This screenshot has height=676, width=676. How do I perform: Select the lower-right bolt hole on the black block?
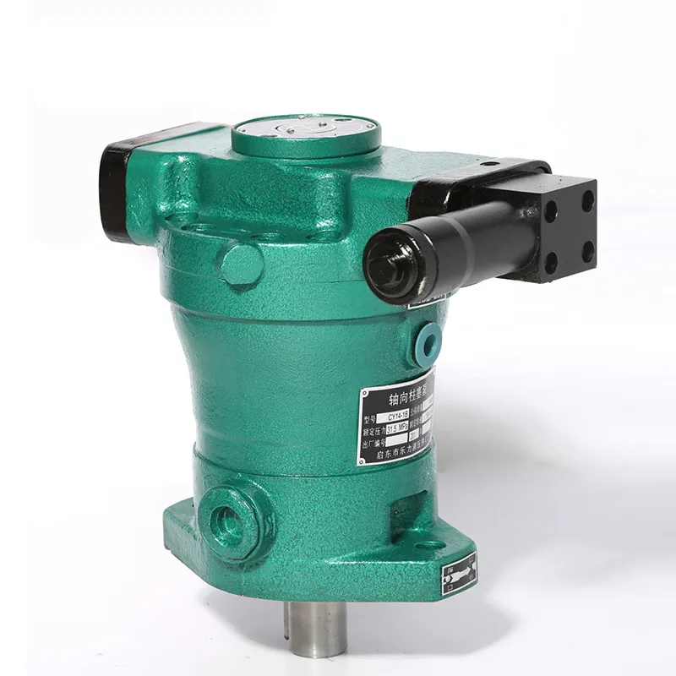pos(588,252)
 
